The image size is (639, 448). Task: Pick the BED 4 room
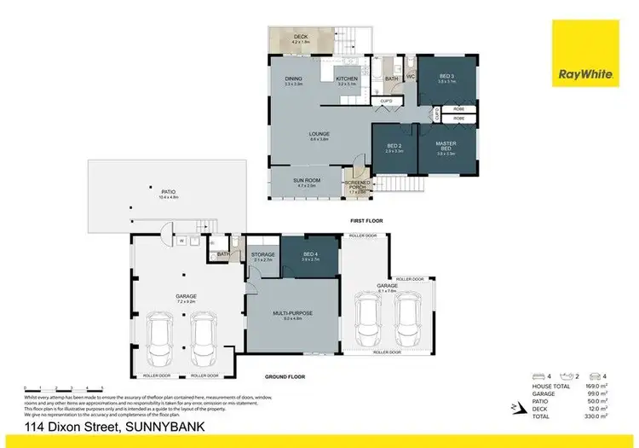pyautogui.click(x=310, y=253)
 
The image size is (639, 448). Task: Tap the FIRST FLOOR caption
pyautogui.click(x=366, y=221)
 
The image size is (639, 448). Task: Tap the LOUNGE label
pyautogui.click(x=319, y=134)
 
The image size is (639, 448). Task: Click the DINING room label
pyautogui.click(x=294, y=79)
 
